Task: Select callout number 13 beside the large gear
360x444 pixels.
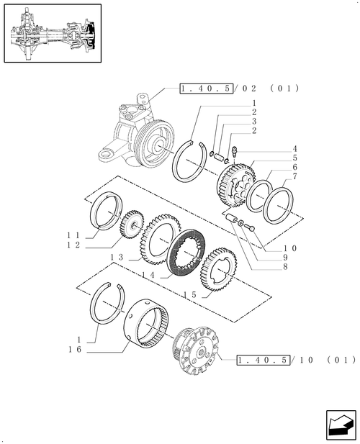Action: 117,257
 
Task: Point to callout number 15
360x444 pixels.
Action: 190,296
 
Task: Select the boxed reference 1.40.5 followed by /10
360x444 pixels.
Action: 263,359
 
